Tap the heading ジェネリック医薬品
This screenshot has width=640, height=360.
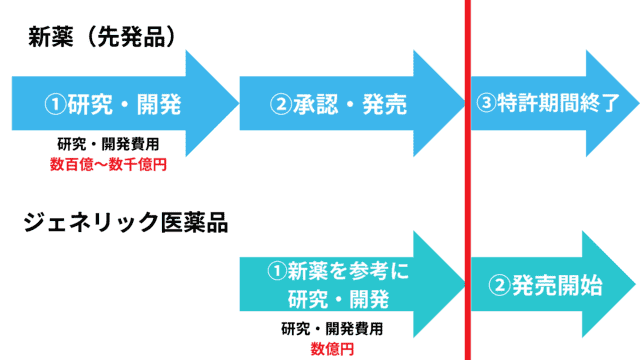[x=126, y=223]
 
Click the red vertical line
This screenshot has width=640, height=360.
[x=467, y=180]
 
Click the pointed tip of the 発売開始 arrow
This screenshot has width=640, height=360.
[x=632, y=285]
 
